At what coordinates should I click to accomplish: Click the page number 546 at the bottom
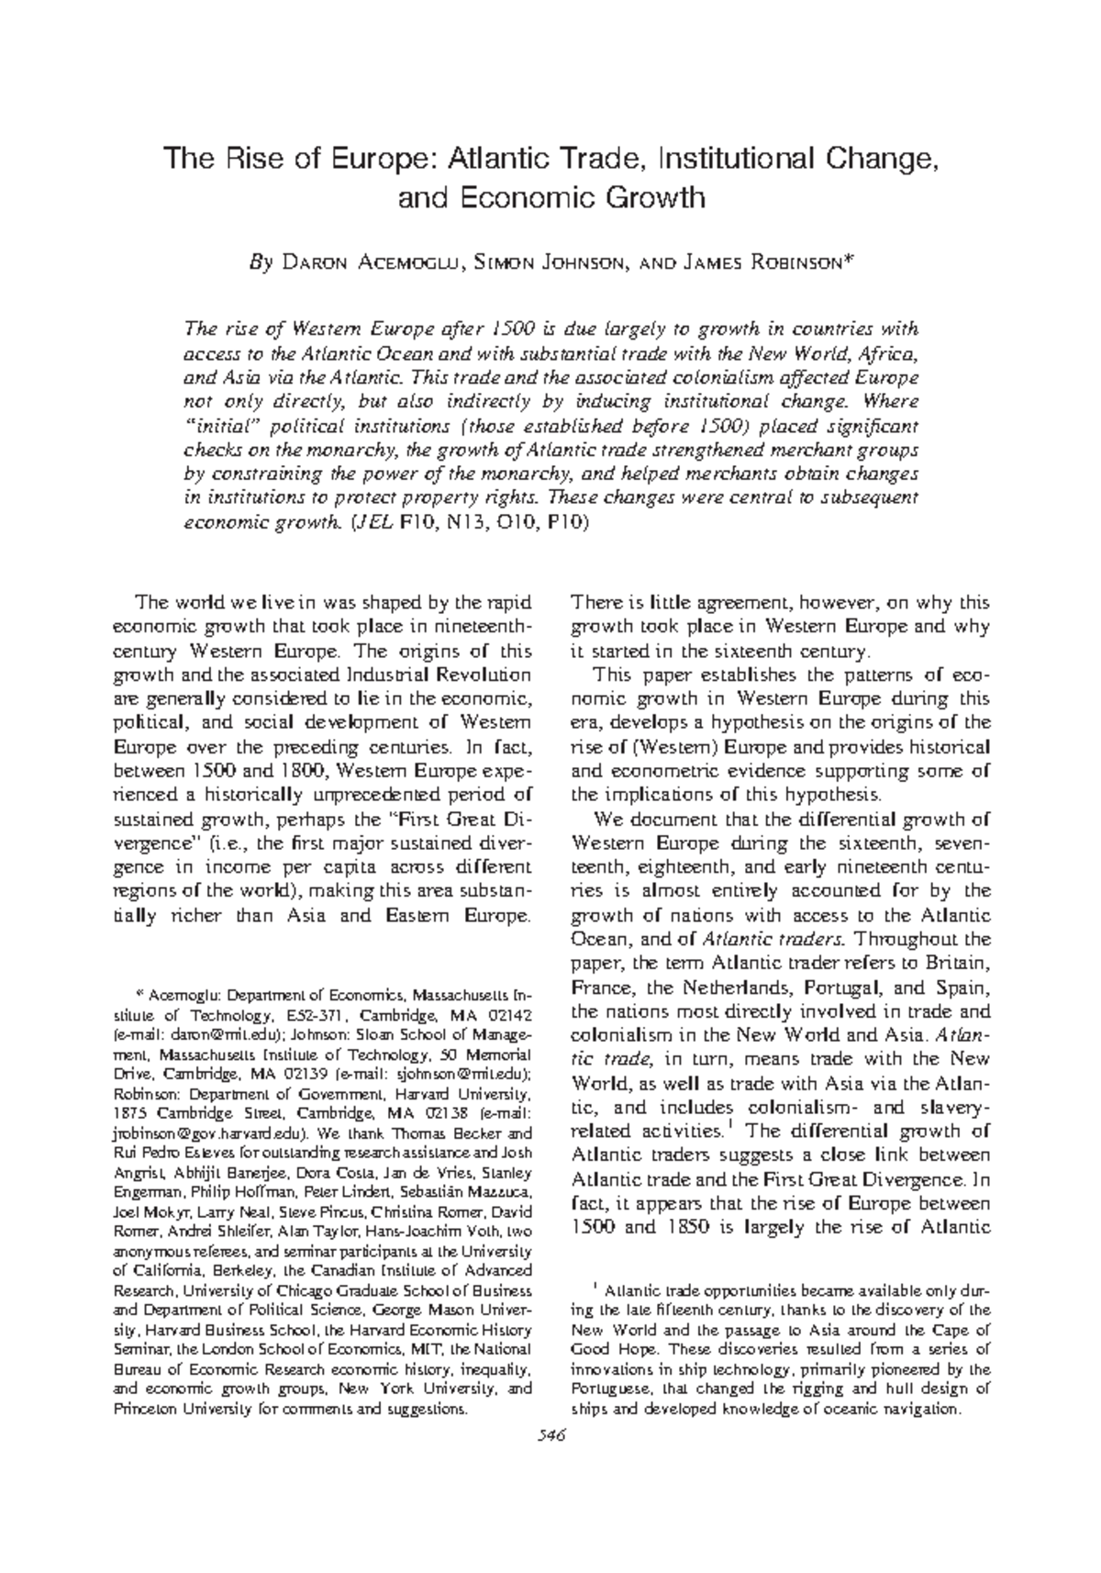pos(550,1437)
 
